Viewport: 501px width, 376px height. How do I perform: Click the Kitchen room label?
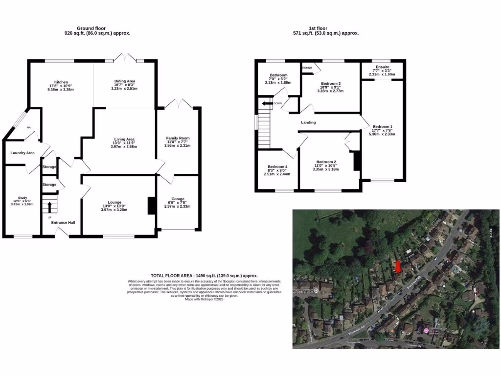coord(61,82)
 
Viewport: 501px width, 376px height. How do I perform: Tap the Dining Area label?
coord(124,81)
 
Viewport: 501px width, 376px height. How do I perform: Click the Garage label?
coord(178,198)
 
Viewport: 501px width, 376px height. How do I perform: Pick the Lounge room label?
coord(114,202)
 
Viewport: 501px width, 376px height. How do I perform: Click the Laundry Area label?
coord(23,153)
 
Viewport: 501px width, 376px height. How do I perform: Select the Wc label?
coord(29,127)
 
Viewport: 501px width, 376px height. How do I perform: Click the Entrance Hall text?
coord(64,222)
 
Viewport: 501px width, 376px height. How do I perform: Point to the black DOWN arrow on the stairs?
coord(267,103)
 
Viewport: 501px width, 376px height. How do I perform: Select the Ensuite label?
coord(383,67)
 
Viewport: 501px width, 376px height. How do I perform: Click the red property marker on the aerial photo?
coord(398,266)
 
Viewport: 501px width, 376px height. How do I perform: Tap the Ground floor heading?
coord(91,28)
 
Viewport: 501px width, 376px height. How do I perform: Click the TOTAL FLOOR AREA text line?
coord(204,276)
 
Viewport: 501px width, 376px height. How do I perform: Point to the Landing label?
coord(308,122)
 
